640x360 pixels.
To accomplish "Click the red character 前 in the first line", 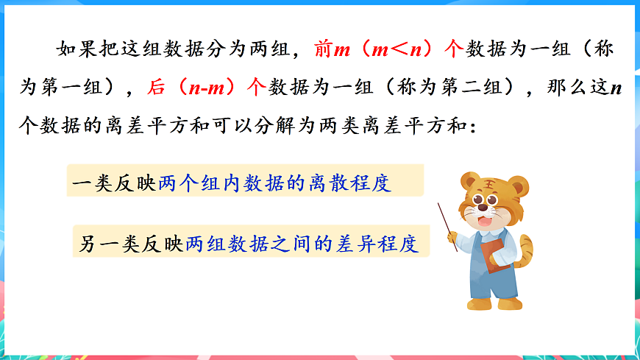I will coord(323,49).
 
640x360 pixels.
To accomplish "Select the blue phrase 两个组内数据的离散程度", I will coord(274,181).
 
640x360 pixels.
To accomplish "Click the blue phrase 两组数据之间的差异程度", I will coord(302,242).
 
